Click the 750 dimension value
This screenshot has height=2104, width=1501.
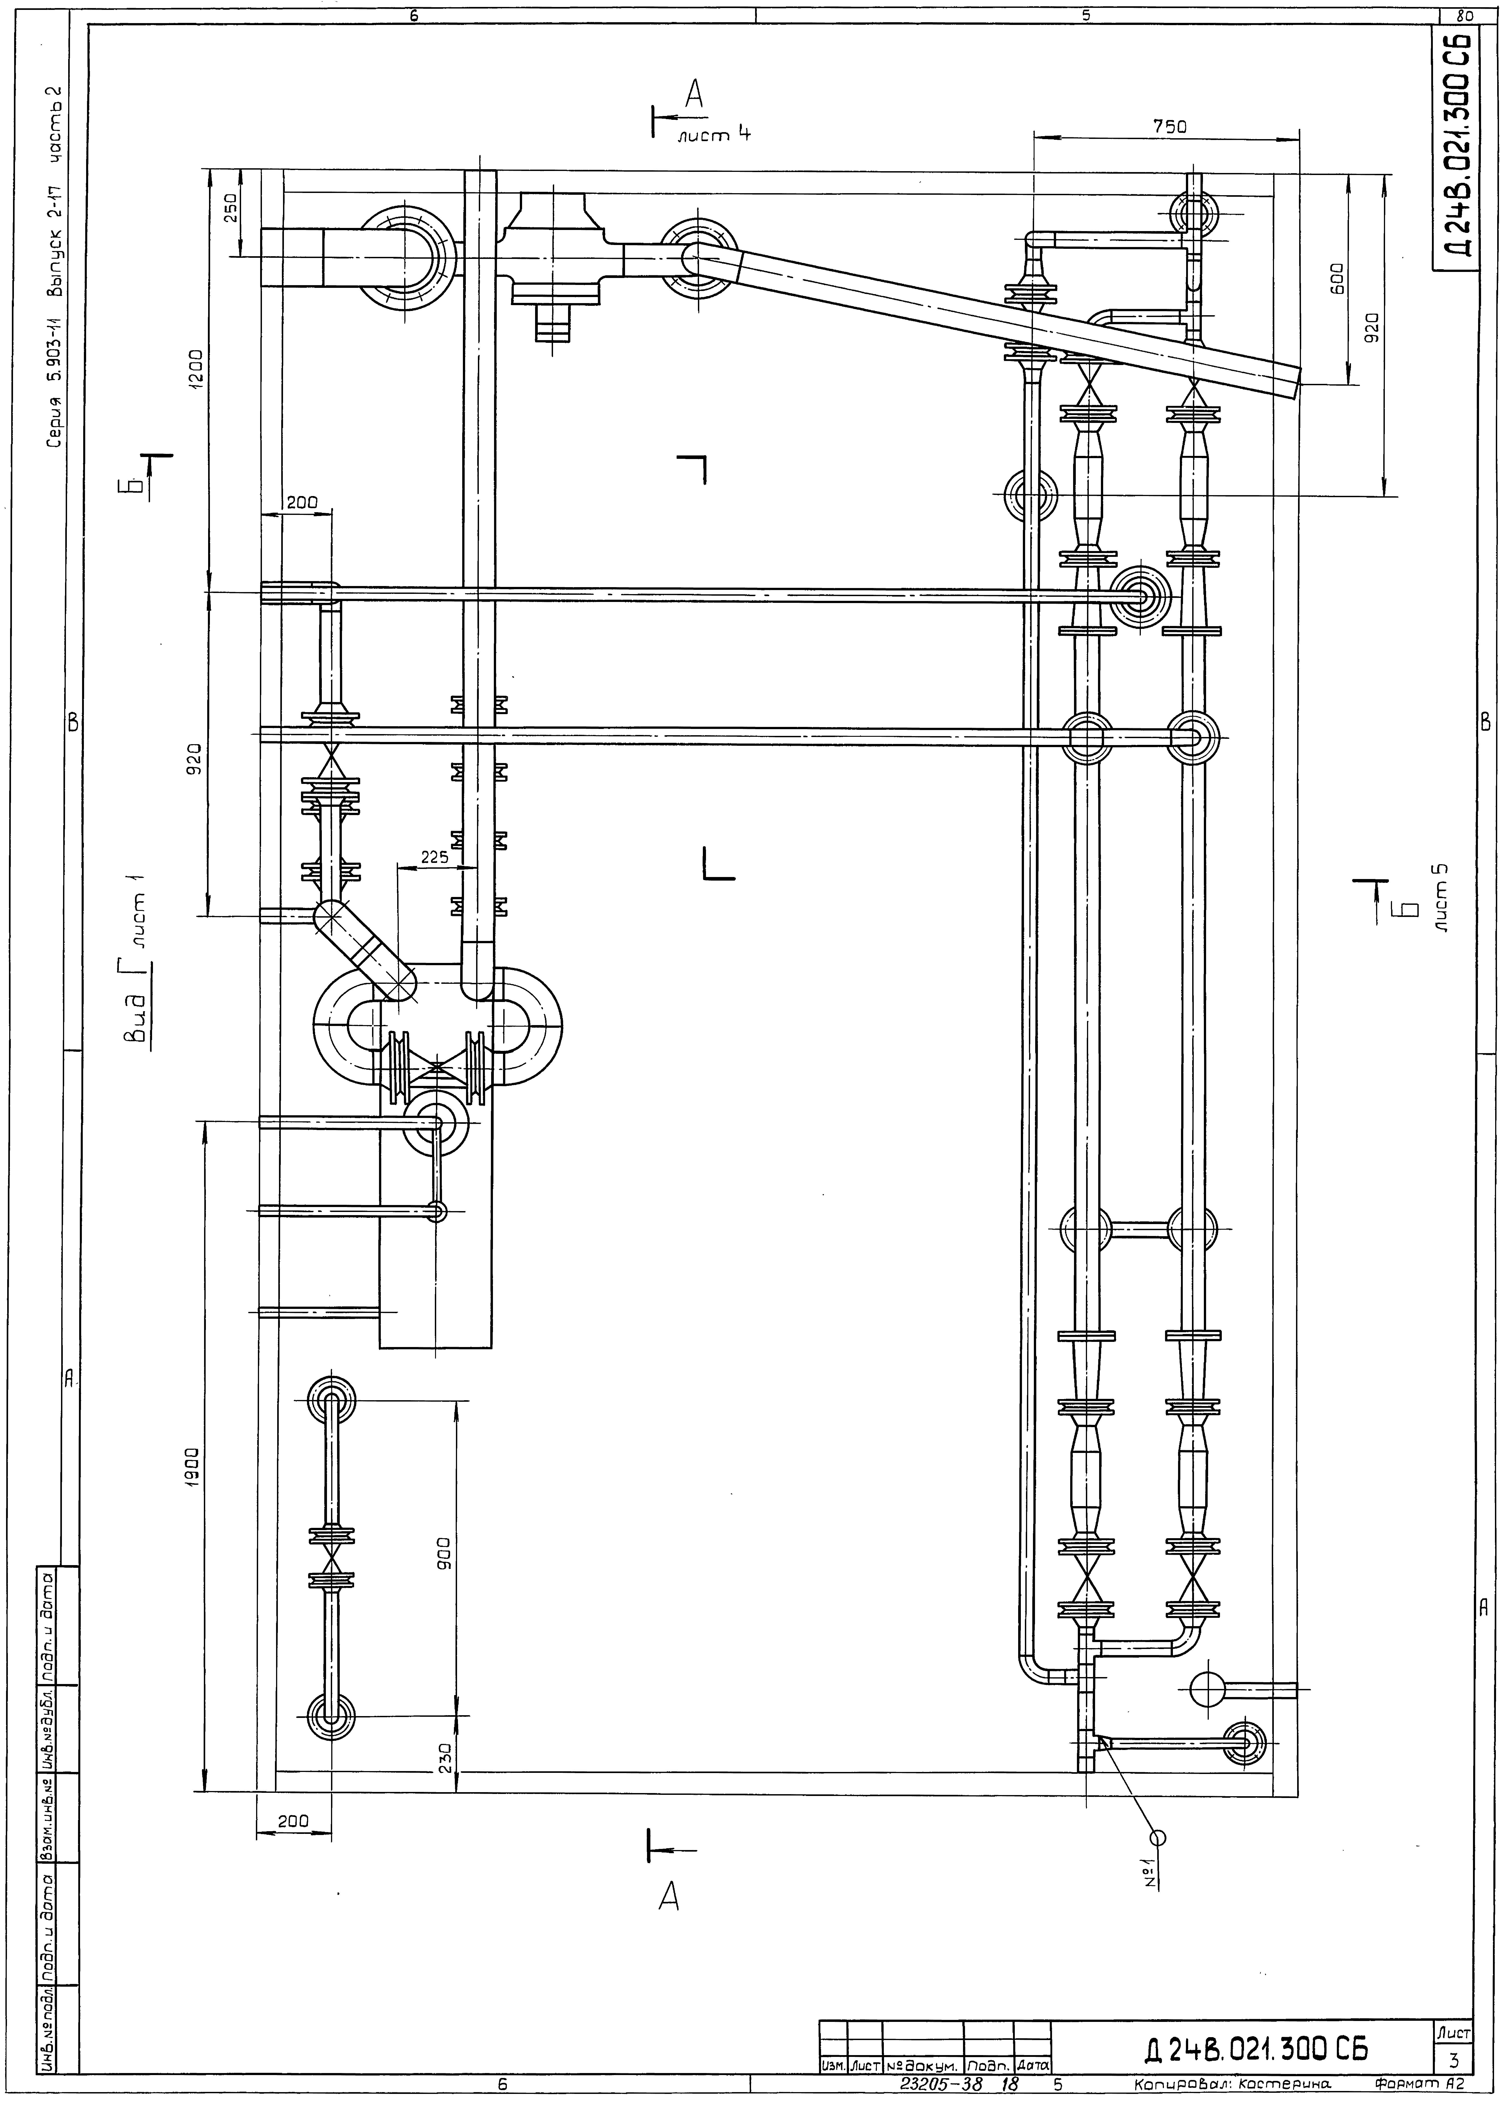click(1169, 128)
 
